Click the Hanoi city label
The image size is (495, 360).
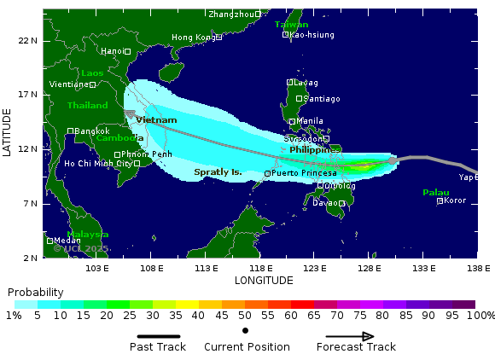(x=112, y=51)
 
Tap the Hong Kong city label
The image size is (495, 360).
(x=193, y=38)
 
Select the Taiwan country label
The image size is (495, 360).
(x=292, y=25)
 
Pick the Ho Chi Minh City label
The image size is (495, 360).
(x=97, y=163)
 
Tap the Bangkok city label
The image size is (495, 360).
(x=92, y=131)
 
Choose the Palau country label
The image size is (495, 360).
(x=435, y=193)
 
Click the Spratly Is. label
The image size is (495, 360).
(x=218, y=171)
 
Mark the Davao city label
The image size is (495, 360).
(x=324, y=203)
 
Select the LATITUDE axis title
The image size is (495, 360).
(x=8, y=131)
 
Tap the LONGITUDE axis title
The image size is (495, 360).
(x=264, y=280)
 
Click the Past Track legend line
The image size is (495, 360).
(x=158, y=336)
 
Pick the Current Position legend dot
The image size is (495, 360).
(x=246, y=330)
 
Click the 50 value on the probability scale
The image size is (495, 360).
(x=245, y=316)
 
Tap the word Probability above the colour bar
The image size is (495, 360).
(x=36, y=292)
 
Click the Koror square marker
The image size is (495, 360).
(x=440, y=200)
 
